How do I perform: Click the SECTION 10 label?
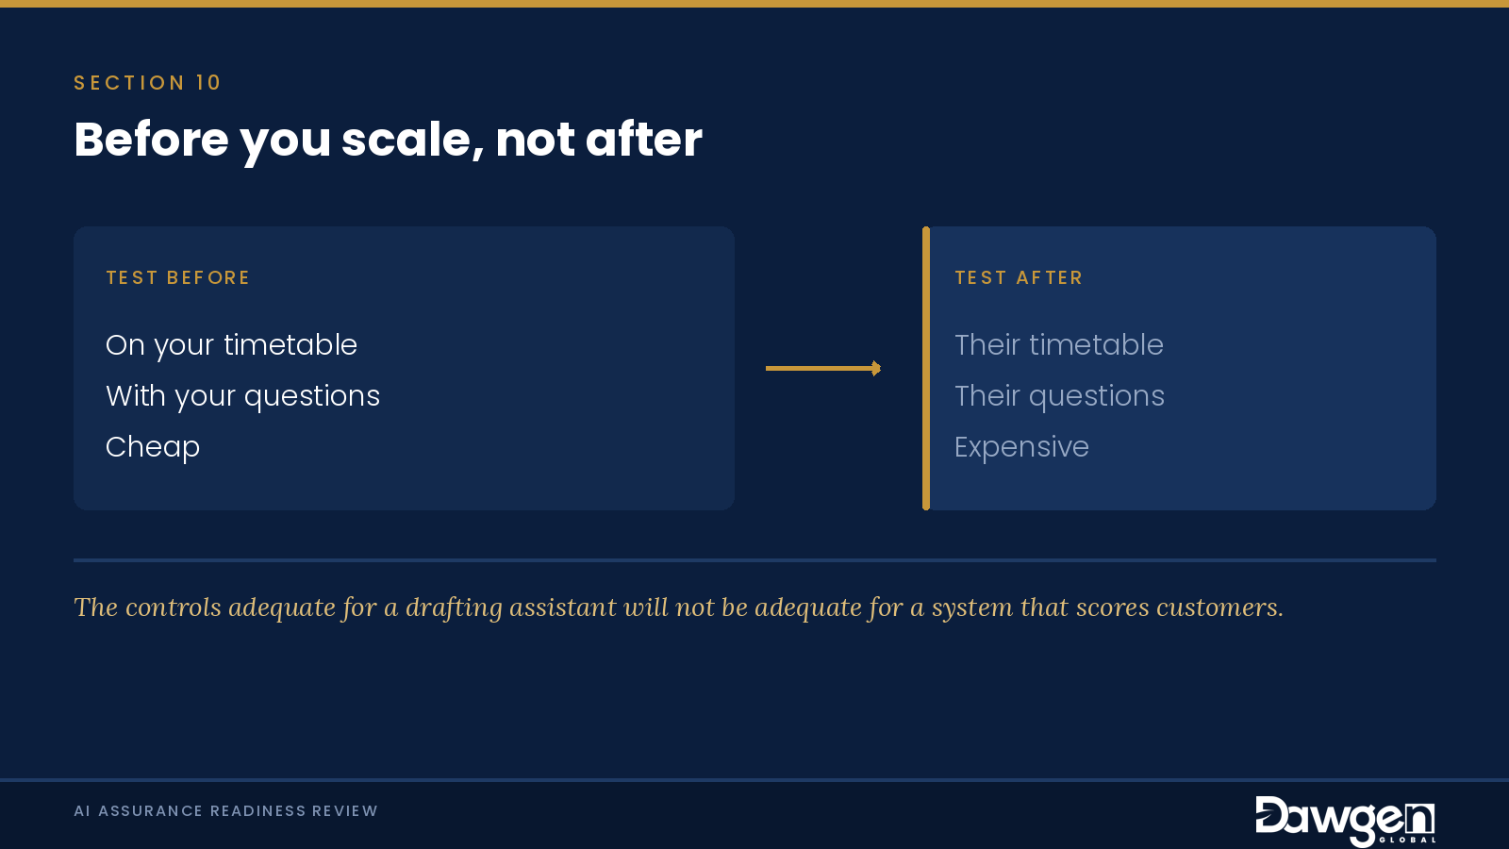pos(147,83)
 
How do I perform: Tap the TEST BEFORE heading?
pos(178,277)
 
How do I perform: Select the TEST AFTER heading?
pos(1019,277)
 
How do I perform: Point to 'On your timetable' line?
pos(231,345)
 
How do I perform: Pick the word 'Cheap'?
pos(153,447)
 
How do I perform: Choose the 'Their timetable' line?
pos(1059,345)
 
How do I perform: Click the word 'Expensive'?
pos(1022,447)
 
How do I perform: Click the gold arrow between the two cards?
pos(823,368)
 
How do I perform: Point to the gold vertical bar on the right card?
pos(926,368)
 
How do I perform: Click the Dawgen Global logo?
pos(1345,820)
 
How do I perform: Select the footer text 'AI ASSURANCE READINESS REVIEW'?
pos(225,810)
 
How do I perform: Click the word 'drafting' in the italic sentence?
pos(454,608)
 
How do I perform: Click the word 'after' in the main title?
pos(644,140)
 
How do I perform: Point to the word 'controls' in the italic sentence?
pos(174,608)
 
